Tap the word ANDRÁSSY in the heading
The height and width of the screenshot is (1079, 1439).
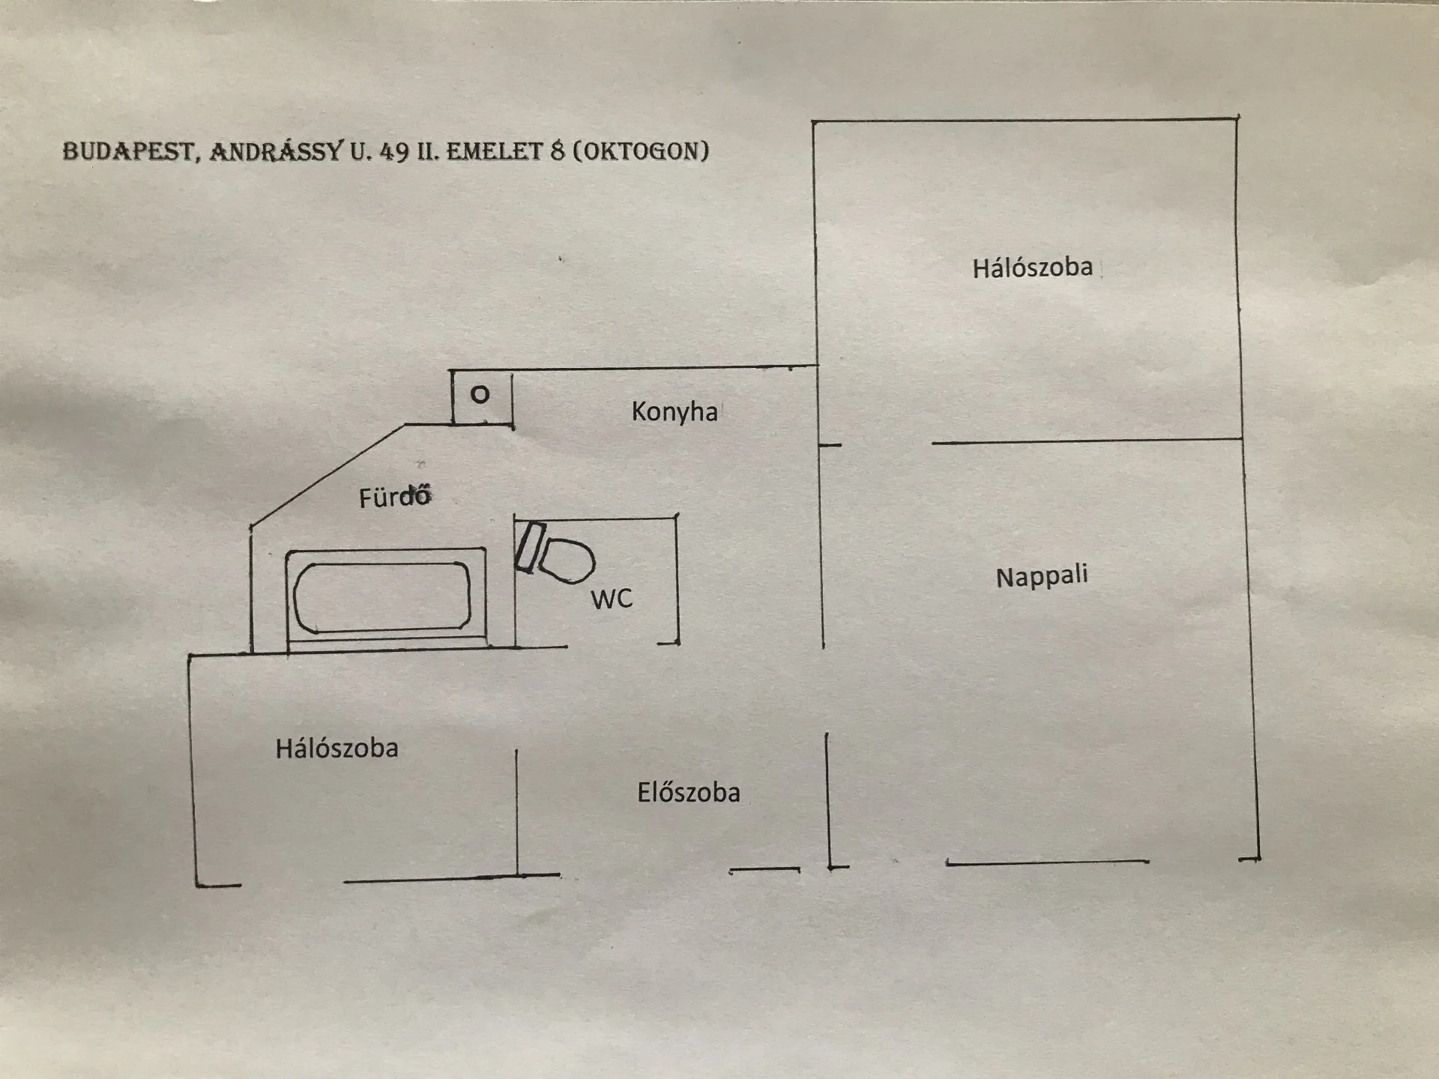click(x=277, y=151)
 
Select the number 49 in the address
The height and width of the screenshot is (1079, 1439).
click(x=394, y=151)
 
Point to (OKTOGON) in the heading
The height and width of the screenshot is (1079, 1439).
click(x=641, y=151)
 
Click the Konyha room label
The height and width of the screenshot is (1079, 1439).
click(x=675, y=411)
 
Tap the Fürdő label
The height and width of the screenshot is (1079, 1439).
click(x=395, y=497)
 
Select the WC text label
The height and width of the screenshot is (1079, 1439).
click(x=612, y=599)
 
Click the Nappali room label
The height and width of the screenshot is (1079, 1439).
click(x=1042, y=576)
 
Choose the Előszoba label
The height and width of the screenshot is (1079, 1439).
click(x=689, y=792)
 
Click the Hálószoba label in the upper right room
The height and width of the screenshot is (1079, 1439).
click(x=1033, y=268)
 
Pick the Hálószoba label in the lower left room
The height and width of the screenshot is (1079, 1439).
click(x=337, y=748)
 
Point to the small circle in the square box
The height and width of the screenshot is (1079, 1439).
click(x=480, y=394)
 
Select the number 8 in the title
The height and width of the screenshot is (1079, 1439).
click(x=557, y=151)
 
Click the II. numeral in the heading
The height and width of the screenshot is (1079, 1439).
click(x=428, y=151)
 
